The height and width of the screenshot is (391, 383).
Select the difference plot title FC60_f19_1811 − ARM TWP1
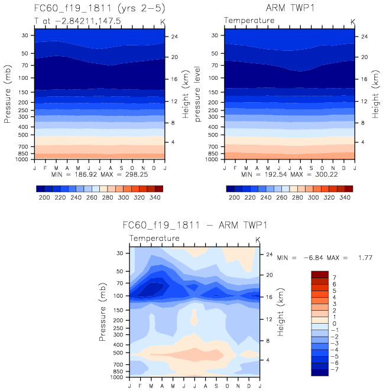point(195,226)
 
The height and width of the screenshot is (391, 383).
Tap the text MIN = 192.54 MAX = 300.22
point(289,175)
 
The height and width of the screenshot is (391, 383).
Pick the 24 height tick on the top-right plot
point(364,37)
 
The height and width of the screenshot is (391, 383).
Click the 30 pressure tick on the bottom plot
point(119,253)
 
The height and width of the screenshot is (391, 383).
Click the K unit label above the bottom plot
point(257,239)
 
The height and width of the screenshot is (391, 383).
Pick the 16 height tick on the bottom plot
point(269,296)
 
